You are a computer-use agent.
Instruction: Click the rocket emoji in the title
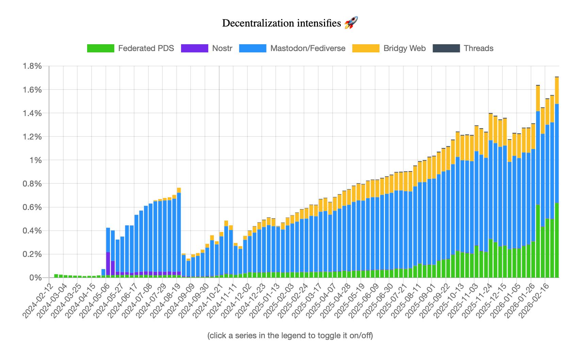(x=351, y=23)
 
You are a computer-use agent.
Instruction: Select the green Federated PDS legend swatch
(x=100, y=48)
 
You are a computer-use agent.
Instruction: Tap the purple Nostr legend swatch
(x=194, y=48)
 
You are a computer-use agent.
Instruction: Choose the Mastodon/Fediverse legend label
(x=308, y=48)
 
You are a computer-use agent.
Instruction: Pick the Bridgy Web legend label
(x=404, y=48)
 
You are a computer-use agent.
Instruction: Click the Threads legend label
(x=478, y=48)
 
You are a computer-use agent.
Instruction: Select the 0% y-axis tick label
(x=35, y=278)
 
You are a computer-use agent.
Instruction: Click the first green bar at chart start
(x=56, y=276)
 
